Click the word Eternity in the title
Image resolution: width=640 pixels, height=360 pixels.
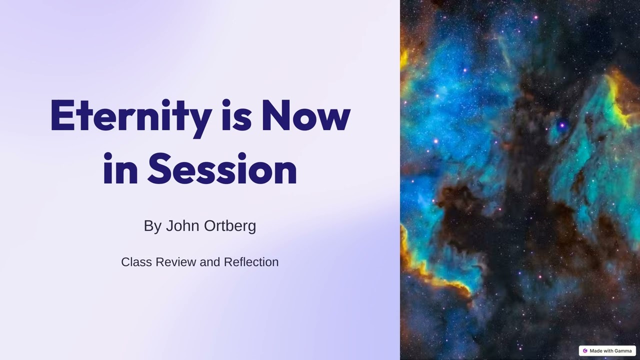[130, 116]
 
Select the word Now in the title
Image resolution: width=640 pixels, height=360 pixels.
[305, 116]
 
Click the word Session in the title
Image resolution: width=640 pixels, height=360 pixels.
[222, 169]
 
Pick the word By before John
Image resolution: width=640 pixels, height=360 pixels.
[152, 226]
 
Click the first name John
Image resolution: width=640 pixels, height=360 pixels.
[183, 225]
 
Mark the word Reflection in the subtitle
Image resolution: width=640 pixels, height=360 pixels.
[251, 262]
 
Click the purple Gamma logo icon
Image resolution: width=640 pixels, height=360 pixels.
[585, 351]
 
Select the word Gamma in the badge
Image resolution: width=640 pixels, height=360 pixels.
[623, 351]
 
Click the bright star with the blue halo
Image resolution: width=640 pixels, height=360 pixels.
[562, 125]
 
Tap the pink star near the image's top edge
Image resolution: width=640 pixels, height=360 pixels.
[535, 17]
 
